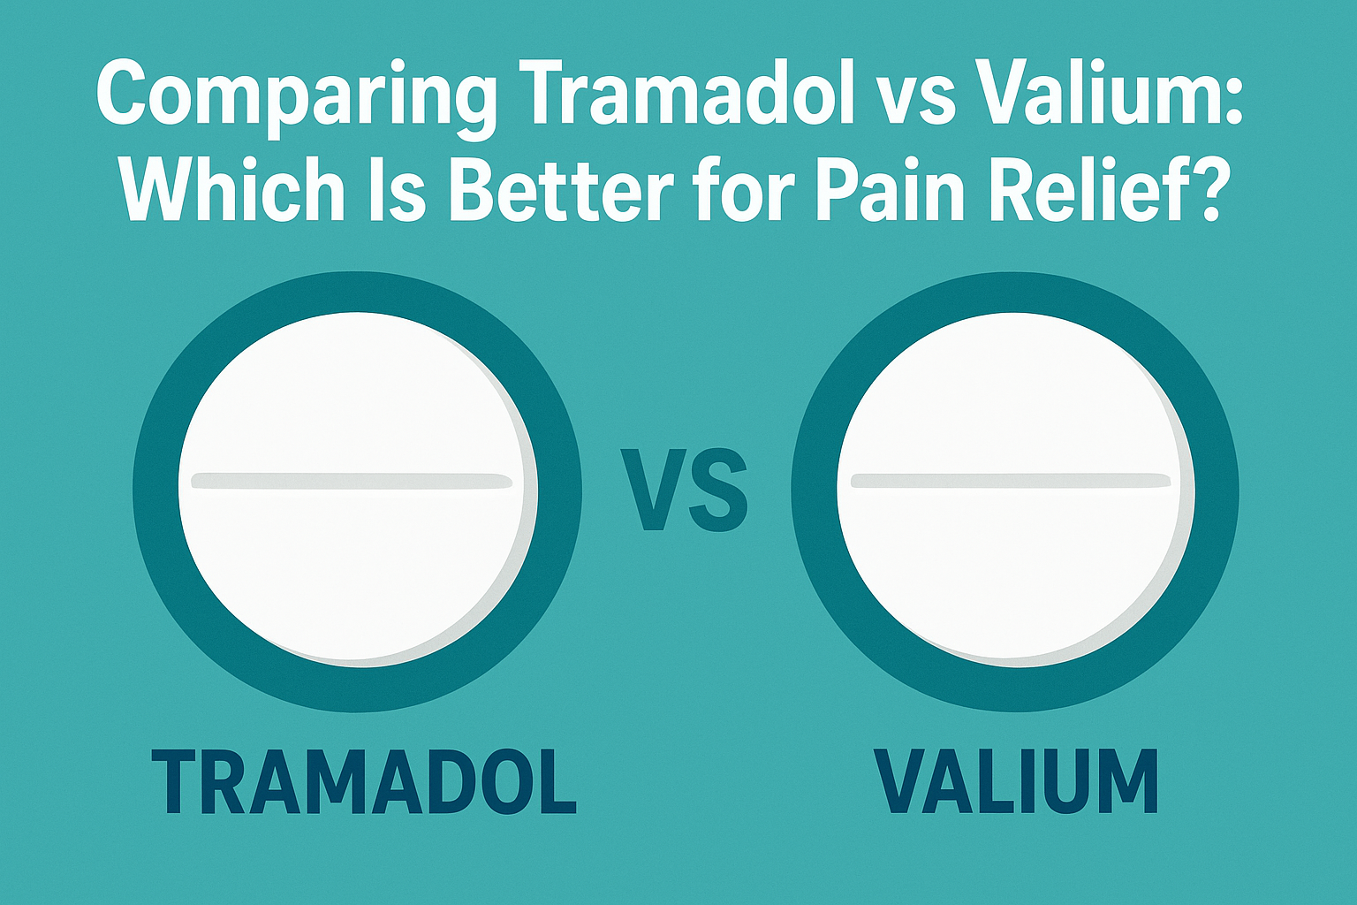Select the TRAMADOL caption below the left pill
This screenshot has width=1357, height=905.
[x=363, y=781]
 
